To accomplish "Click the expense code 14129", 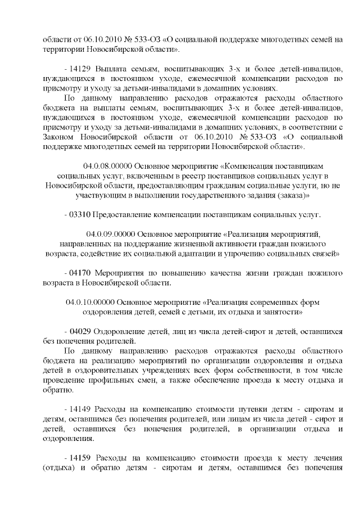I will point(79,68).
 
